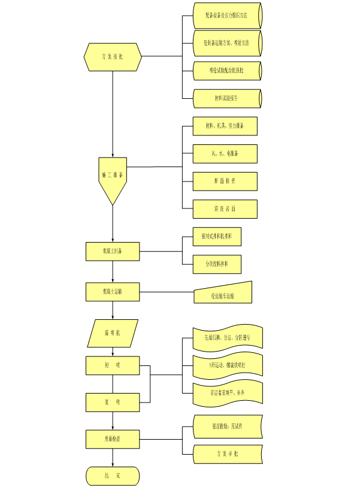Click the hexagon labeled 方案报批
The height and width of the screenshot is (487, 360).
113,56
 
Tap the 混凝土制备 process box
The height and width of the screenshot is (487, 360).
113,252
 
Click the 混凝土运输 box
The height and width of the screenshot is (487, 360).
113,292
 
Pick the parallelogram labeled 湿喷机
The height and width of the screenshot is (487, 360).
113,333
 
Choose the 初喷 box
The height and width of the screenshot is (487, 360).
113,366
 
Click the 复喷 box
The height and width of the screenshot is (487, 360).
113,402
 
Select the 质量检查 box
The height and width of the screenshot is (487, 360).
113,439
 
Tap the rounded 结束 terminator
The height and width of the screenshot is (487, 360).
113,476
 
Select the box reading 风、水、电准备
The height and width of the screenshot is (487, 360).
225,153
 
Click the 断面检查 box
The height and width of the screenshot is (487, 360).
225,181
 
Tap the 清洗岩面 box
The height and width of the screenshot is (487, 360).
225,209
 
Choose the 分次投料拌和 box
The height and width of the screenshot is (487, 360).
217,264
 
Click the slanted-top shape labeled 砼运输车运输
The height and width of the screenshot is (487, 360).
223,294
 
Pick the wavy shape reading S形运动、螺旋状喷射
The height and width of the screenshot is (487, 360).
228,365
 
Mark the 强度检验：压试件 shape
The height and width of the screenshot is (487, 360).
228,426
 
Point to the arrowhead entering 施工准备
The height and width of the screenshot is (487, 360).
113,155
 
